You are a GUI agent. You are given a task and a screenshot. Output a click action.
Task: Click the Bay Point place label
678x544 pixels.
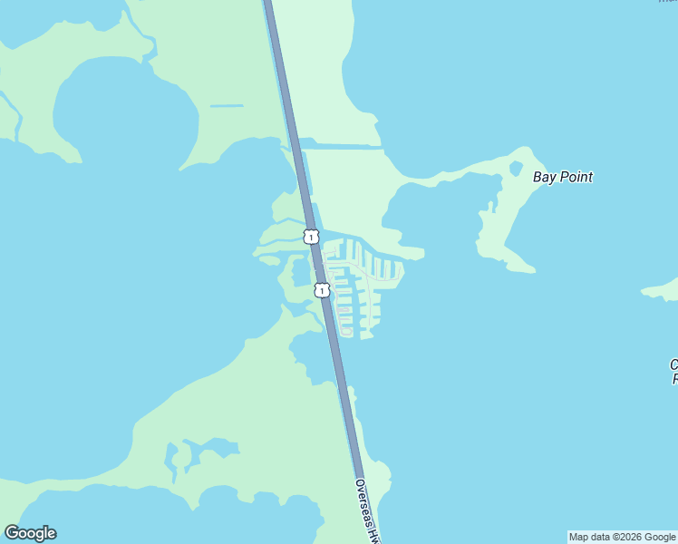(562, 177)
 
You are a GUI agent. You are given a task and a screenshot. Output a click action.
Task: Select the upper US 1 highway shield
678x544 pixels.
(311, 237)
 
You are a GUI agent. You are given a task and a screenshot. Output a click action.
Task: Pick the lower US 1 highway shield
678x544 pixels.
(321, 290)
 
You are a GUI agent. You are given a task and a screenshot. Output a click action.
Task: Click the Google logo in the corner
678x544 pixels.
(30, 533)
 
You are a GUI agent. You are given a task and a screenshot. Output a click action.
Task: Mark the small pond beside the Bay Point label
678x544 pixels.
(516, 169)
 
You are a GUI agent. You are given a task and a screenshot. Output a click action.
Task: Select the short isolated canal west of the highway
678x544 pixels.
(227, 106)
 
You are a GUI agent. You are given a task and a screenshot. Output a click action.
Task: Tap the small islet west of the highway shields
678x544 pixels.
(269, 260)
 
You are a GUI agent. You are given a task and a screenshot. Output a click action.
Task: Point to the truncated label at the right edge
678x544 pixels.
(673, 372)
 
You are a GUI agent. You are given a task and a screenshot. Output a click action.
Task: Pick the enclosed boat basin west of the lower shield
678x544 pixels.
(300, 272)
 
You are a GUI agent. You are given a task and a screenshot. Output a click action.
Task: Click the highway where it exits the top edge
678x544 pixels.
(268, 3)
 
